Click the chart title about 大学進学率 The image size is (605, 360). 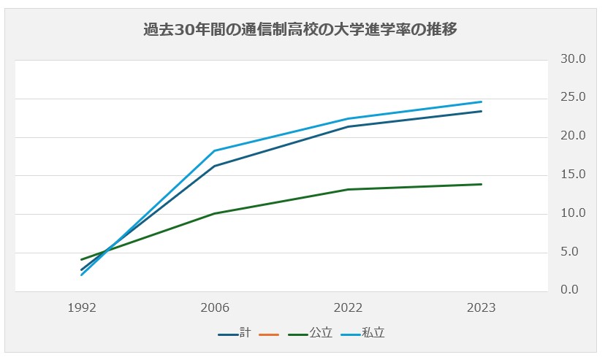tap(301, 30)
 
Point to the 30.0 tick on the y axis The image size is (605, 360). tap(572, 59)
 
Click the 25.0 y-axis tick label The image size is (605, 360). tap(572, 98)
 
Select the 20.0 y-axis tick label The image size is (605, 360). tap(572, 137)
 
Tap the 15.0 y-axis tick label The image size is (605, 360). tap(572, 175)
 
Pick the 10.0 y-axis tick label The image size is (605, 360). tap(572, 214)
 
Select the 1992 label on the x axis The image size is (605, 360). tap(81, 308)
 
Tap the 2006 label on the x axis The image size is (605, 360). tap(215, 308)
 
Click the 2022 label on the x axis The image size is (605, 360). tap(348, 308)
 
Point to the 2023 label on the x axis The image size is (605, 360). tap(481, 308)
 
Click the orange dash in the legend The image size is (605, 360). tap(270, 334)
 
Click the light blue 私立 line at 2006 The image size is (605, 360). tap(215, 150)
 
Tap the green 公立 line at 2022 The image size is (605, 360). tap(348, 189)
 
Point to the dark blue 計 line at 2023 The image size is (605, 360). tap(481, 111)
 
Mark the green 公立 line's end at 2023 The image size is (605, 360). tap(481, 184)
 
